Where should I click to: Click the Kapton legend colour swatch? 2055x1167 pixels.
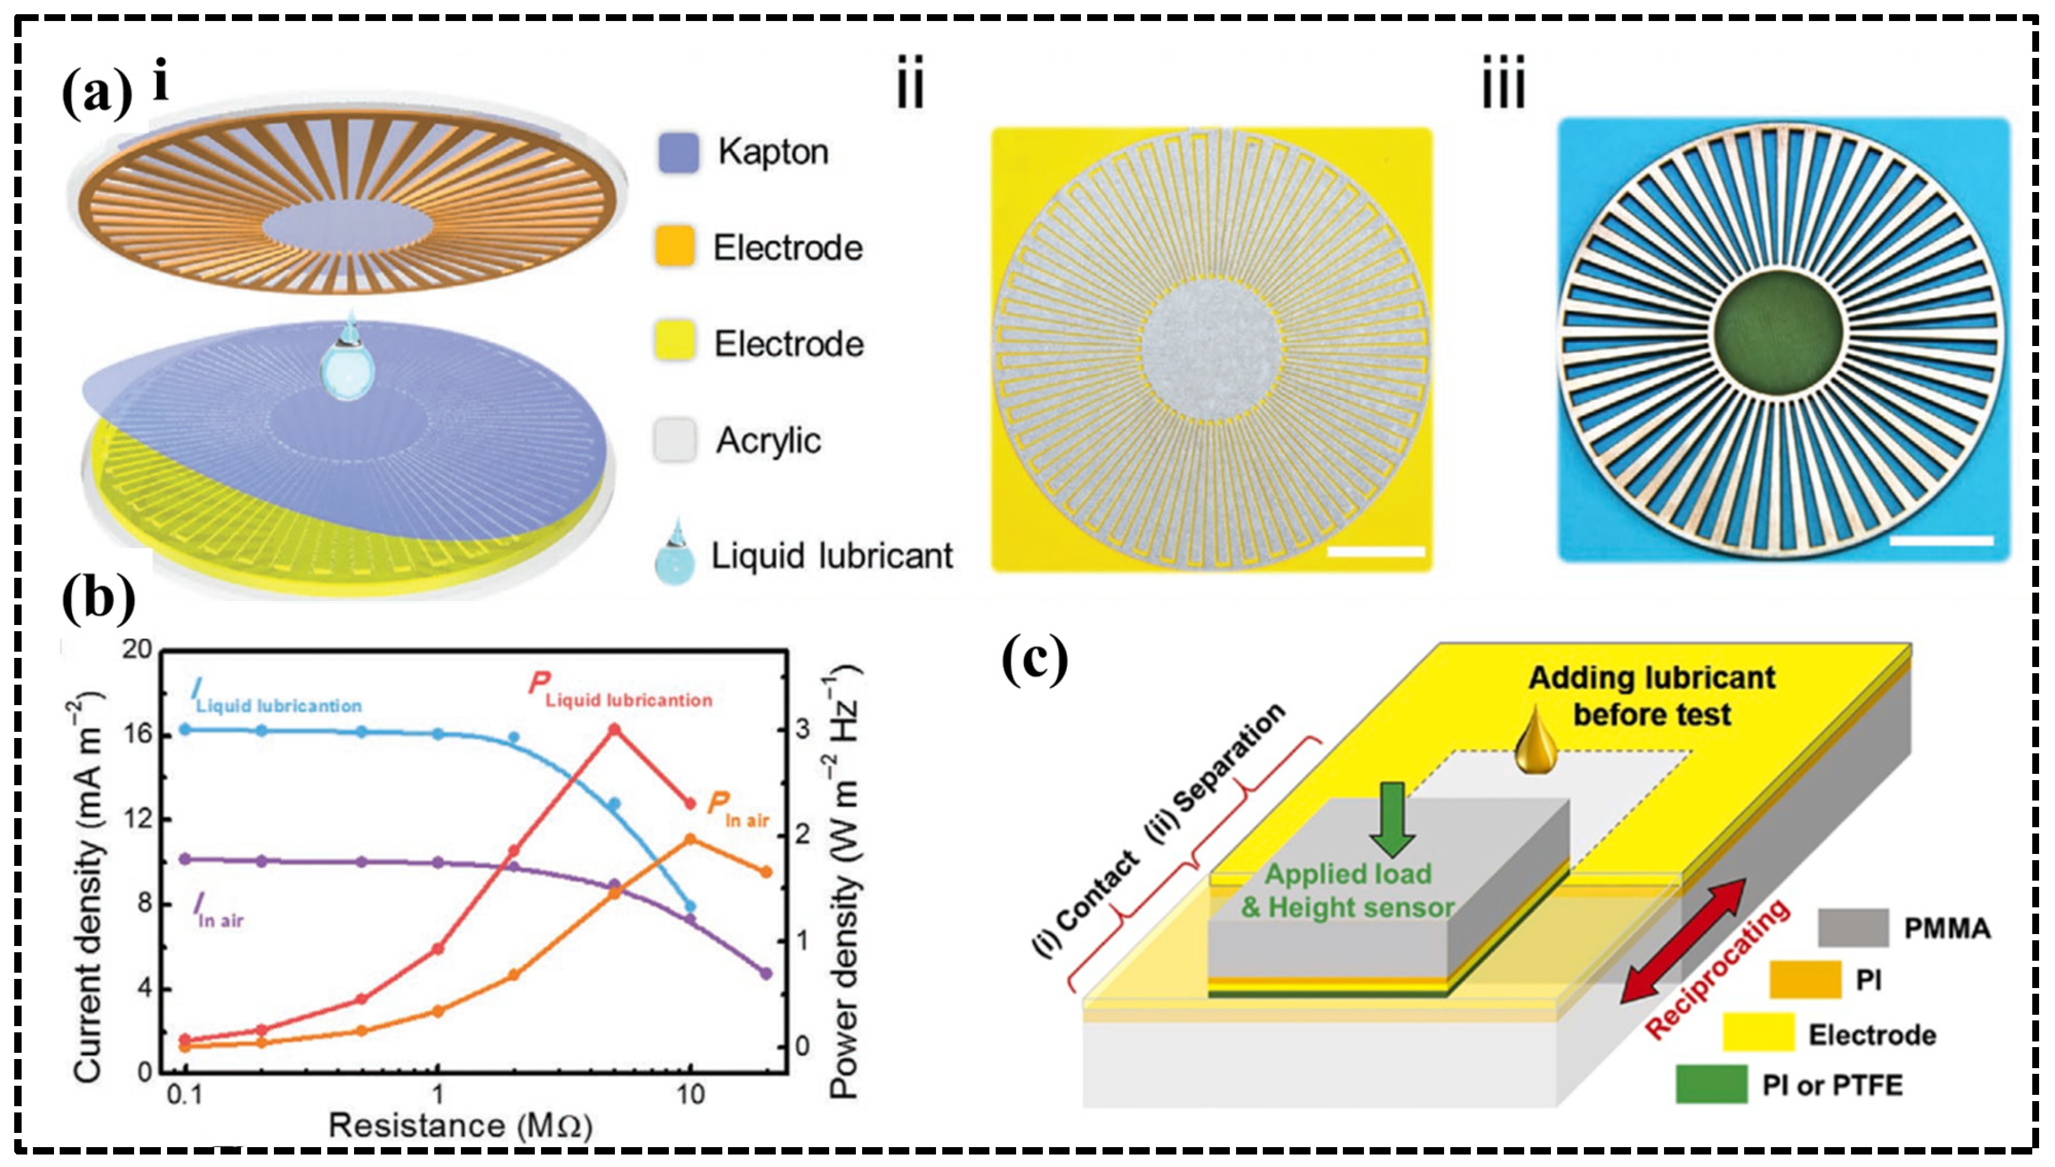678,152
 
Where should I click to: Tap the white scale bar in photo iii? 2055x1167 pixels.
1941,540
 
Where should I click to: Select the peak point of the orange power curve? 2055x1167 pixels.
690,839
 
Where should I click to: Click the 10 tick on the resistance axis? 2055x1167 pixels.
690,1094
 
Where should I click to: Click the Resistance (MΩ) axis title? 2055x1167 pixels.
460,1126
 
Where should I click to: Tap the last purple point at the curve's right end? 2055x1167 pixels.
766,974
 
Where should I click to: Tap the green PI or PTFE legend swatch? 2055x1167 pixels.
1712,1085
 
